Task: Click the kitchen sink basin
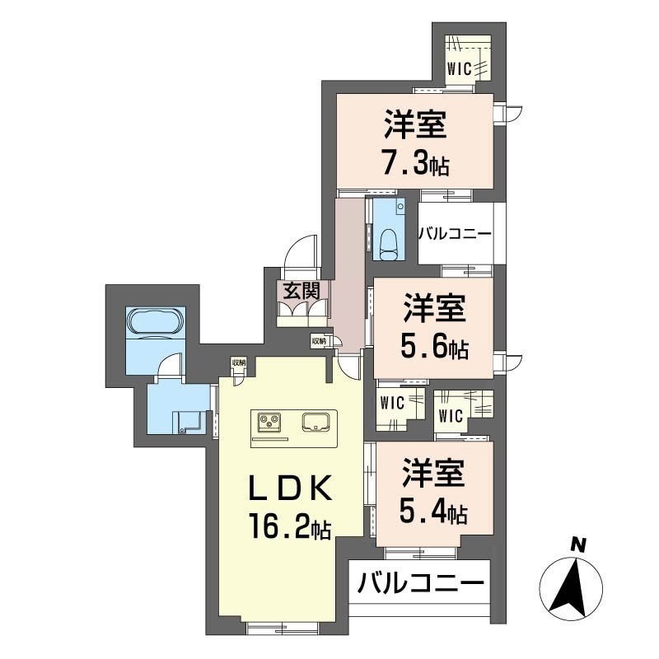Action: click(315, 422)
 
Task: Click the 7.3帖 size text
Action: click(414, 164)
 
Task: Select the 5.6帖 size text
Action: click(435, 348)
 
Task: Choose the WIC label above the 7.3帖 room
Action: click(460, 69)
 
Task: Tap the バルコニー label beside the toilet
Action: click(455, 234)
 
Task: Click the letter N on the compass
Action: click(579, 544)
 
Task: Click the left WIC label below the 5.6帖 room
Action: click(390, 404)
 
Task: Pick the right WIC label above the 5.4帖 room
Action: click(451, 414)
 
